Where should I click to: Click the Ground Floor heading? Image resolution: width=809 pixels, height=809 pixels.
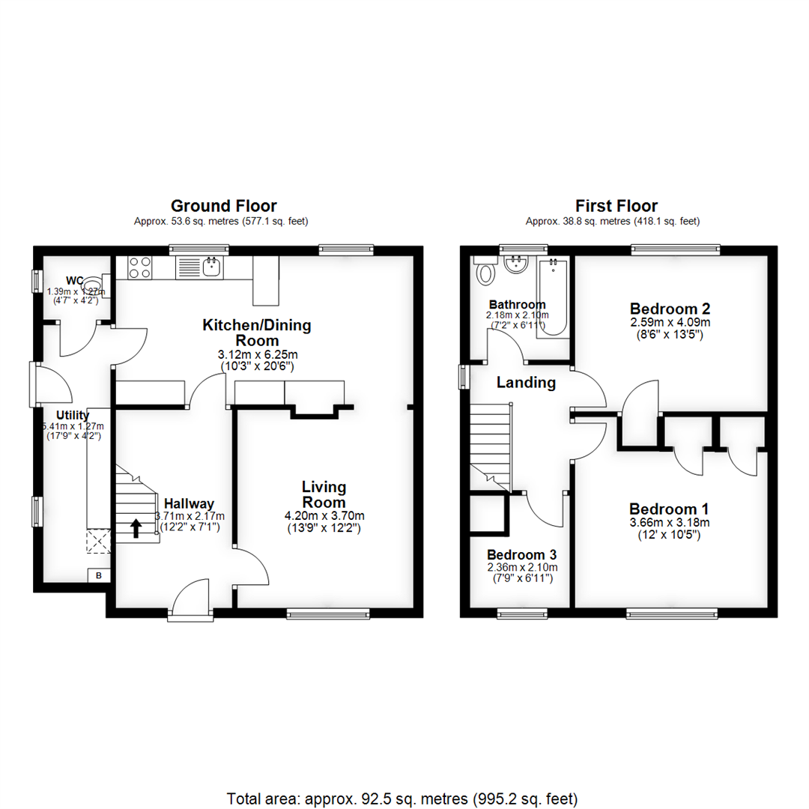223,206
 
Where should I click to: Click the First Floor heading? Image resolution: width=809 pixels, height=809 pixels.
616,206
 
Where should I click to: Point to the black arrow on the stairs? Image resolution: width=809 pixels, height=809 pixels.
136,529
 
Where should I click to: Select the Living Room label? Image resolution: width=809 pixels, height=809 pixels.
324,494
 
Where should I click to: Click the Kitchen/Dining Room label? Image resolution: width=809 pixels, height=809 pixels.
257,333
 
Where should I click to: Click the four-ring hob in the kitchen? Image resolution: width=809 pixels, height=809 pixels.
140,267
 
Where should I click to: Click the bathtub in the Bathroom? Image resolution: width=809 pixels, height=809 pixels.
553,296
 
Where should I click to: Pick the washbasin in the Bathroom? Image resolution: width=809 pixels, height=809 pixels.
517,264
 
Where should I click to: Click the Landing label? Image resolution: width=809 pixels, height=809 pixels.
527,383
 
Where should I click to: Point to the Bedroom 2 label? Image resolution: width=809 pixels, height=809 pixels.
670,309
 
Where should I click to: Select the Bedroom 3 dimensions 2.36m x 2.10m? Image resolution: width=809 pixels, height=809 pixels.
522,567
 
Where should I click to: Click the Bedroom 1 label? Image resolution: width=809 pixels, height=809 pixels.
669,507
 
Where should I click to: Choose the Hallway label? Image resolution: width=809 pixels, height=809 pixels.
189,503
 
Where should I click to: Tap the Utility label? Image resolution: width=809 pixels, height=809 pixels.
73,415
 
